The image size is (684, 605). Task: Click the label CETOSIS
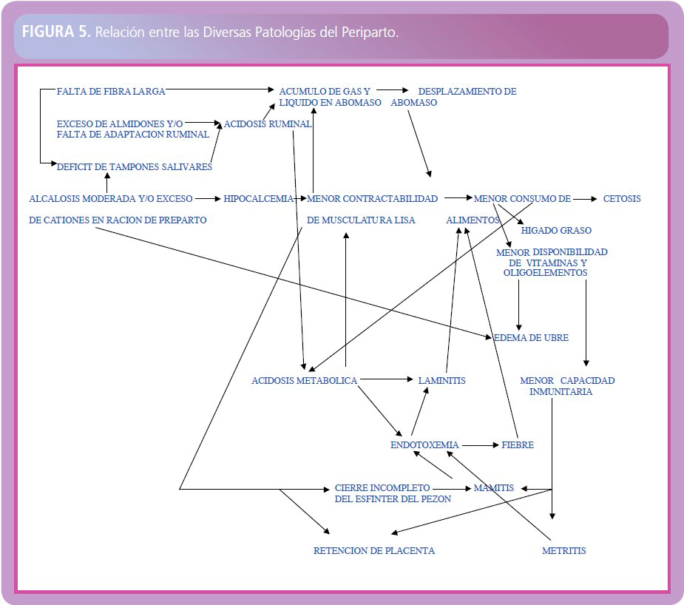(622, 199)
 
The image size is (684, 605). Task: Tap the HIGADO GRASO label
(556, 230)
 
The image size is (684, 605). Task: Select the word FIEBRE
(518, 445)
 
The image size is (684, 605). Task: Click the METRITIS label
(563, 550)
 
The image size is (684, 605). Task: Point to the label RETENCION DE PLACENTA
(374, 550)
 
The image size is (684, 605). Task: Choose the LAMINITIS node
(441, 380)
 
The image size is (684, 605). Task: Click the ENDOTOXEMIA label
(424, 445)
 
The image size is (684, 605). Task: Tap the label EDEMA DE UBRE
(531, 337)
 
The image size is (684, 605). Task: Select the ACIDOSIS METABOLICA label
(304, 380)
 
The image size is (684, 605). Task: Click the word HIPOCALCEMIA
(258, 199)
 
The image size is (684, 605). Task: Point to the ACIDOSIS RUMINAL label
(268, 124)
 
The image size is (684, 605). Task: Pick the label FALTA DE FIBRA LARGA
(111, 91)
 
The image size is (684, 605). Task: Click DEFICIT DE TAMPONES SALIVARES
(135, 166)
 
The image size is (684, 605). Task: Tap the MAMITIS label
(494, 487)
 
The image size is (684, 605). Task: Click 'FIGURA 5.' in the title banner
(56, 31)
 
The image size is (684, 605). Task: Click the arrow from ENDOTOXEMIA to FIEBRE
(481, 445)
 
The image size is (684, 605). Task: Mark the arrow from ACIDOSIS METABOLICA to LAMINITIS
(387, 379)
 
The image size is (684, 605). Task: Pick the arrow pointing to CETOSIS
(585, 199)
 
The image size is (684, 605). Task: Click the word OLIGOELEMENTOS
(545, 273)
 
